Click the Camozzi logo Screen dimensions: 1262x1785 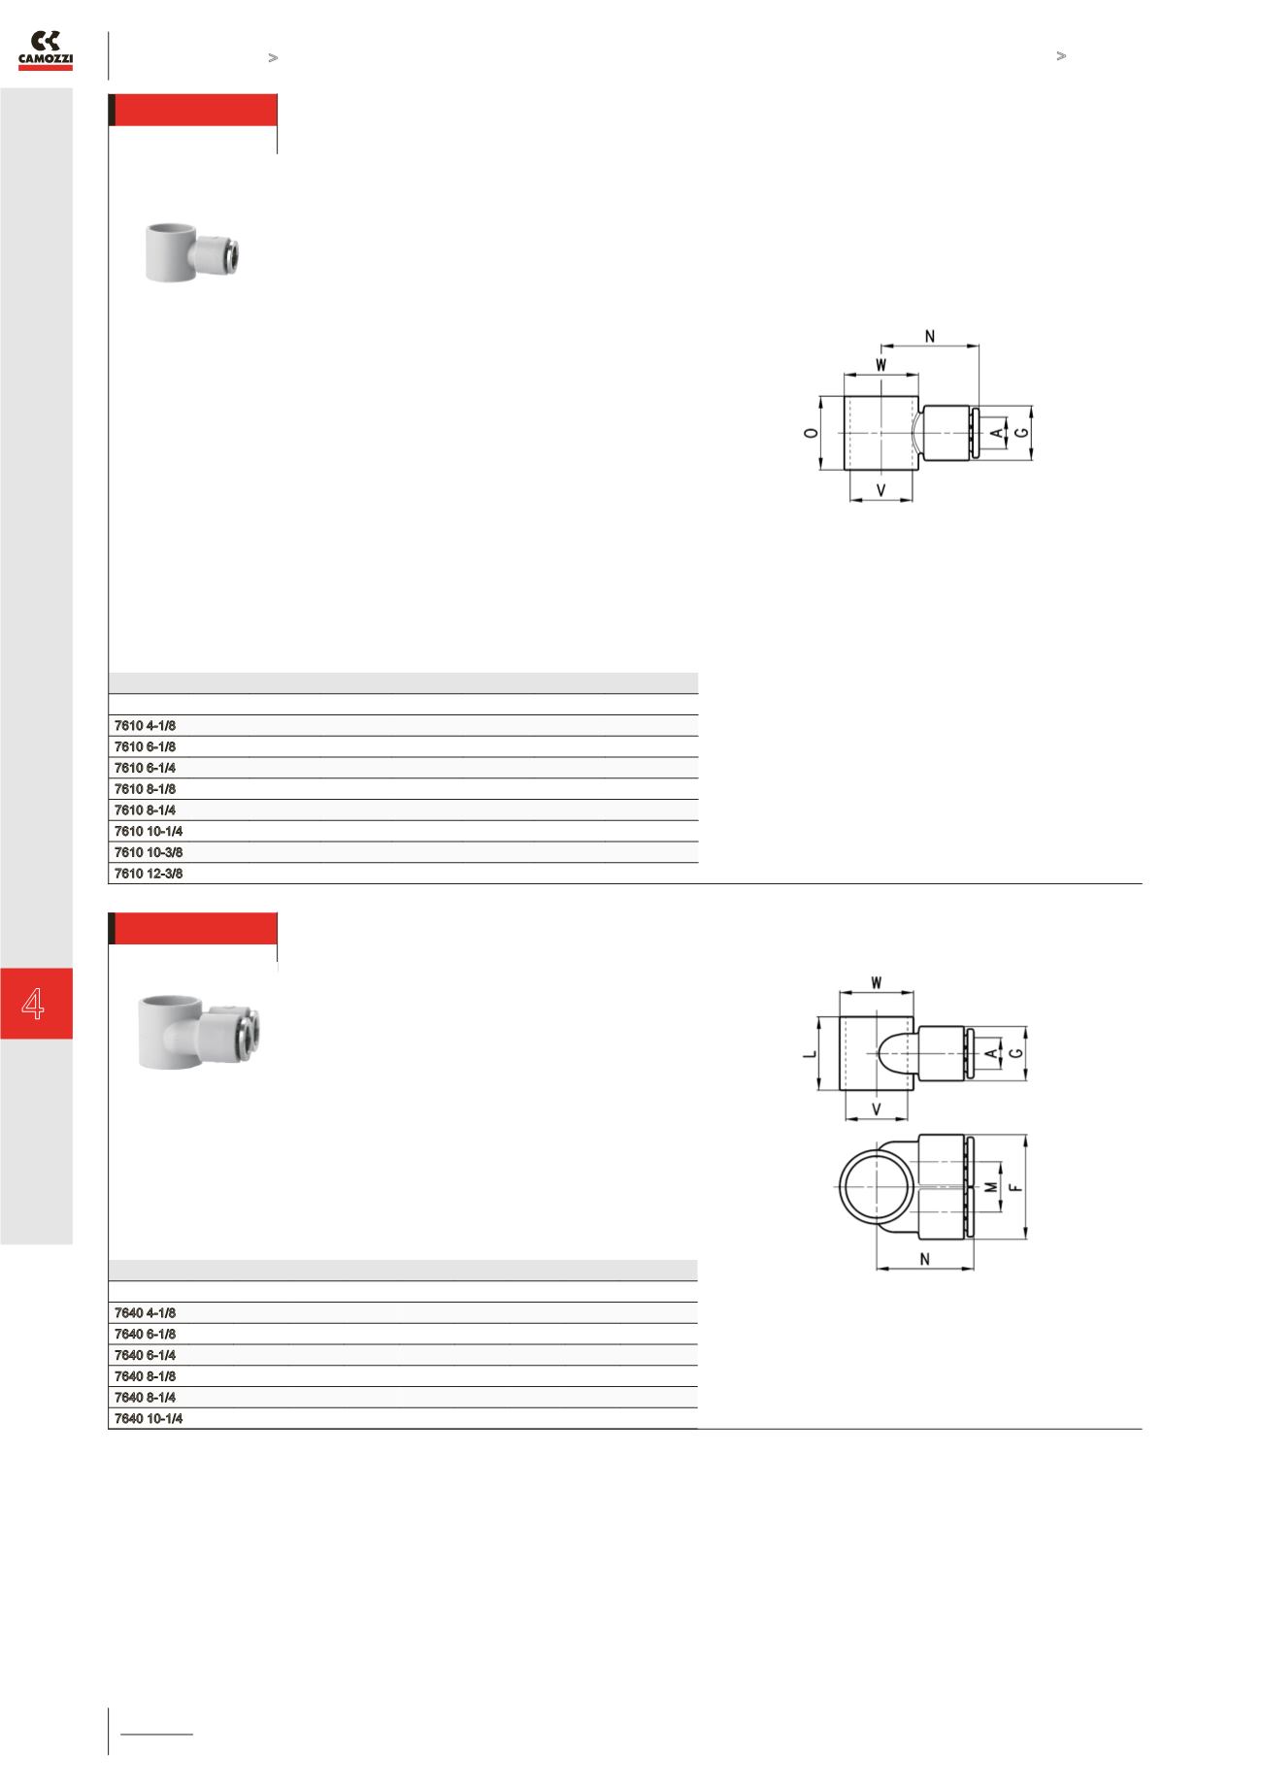(x=46, y=50)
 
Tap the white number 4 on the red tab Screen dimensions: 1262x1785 (x=34, y=1003)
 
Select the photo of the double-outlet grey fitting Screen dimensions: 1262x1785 (x=198, y=1031)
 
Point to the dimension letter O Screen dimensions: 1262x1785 (x=809, y=432)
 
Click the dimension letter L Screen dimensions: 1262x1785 (x=810, y=1052)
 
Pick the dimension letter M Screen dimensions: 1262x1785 (x=991, y=1187)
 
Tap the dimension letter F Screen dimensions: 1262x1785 (x=1015, y=1186)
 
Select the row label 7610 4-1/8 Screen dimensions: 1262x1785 (x=146, y=725)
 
